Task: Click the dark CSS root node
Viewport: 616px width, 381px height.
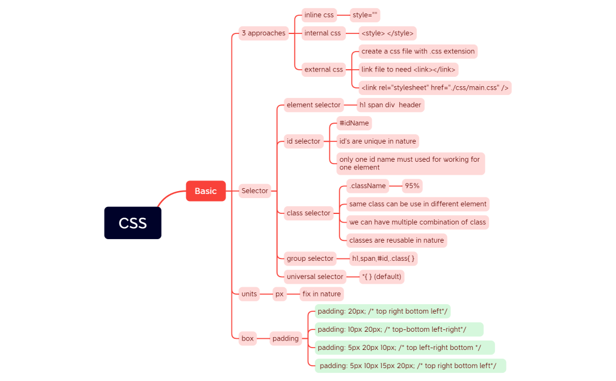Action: pyautogui.click(x=133, y=223)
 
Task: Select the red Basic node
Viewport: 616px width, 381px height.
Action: pyautogui.click(x=206, y=191)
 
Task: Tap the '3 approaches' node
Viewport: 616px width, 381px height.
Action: pyautogui.click(x=263, y=33)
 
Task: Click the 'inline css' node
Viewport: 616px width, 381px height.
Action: pyautogui.click(x=319, y=15)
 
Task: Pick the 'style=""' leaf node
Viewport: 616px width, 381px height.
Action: pyautogui.click(x=365, y=15)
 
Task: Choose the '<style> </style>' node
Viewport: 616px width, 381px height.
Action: pyautogui.click(x=387, y=33)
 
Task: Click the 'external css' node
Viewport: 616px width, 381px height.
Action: pyautogui.click(x=323, y=70)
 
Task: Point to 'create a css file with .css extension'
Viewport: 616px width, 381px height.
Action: pyautogui.click(x=418, y=52)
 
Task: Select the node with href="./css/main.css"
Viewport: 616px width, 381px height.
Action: pyautogui.click(x=435, y=88)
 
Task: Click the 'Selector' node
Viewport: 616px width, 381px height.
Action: pyautogui.click(x=255, y=190)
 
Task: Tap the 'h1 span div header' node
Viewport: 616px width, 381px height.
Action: pyautogui.click(x=390, y=105)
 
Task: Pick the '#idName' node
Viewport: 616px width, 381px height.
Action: pyautogui.click(x=354, y=123)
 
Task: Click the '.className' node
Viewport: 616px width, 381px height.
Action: pyautogui.click(x=367, y=186)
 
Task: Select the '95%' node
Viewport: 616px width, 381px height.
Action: pyautogui.click(x=412, y=186)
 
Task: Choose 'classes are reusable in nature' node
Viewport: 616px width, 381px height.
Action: pyautogui.click(x=396, y=240)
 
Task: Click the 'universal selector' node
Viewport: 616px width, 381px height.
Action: pyautogui.click(x=315, y=277)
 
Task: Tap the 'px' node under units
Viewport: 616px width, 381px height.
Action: pyautogui.click(x=280, y=294)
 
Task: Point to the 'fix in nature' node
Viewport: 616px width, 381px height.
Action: pyautogui.click(x=321, y=294)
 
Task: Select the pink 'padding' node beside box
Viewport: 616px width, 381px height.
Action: pyautogui.click(x=285, y=338)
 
